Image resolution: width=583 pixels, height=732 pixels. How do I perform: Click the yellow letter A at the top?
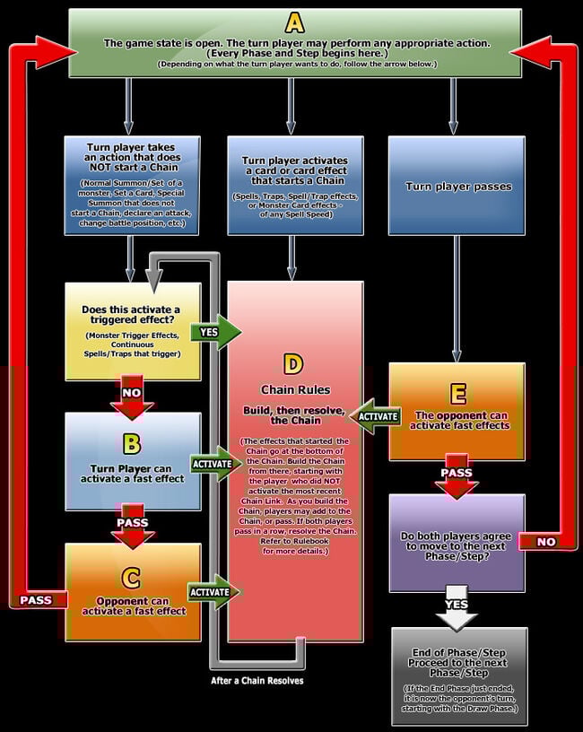[x=295, y=23]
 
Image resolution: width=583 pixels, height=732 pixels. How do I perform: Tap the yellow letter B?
[x=132, y=444]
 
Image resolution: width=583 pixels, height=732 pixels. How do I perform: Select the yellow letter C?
[x=131, y=578]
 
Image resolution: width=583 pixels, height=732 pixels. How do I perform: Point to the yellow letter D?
[x=293, y=364]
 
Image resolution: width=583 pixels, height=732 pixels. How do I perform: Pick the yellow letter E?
[x=458, y=395]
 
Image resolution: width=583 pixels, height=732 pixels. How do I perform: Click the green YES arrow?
[x=215, y=332]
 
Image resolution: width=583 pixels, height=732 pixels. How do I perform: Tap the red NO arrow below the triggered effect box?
[x=132, y=396]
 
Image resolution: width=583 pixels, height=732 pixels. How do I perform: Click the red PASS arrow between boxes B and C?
[x=133, y=526]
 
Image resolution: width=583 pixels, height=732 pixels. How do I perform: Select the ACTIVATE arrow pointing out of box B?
[x=214, y=464]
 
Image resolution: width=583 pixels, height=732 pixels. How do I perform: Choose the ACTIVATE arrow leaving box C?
[x=213, y=592]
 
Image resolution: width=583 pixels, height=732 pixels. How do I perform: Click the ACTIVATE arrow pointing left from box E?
[x=375, y=416]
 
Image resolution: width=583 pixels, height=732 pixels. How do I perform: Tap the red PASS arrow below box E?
[x=456, y=476]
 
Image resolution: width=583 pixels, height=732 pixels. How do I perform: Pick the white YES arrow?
[x=456, y=608]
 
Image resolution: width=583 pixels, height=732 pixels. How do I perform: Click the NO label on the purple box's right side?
[x=546, y=542]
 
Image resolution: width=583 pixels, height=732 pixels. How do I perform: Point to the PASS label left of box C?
[x=36, y=600]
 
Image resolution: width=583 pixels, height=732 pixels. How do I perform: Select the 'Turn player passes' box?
[x=457, y=186]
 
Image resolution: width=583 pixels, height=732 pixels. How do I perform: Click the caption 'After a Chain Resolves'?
[x=257, y=681]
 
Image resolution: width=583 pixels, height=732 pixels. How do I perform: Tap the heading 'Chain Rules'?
[x=295, y=390]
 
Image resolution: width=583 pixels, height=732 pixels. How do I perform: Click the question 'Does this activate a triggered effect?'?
[x=131, y=315]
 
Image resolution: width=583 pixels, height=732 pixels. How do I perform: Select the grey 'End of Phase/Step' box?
[x=459, y=677]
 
